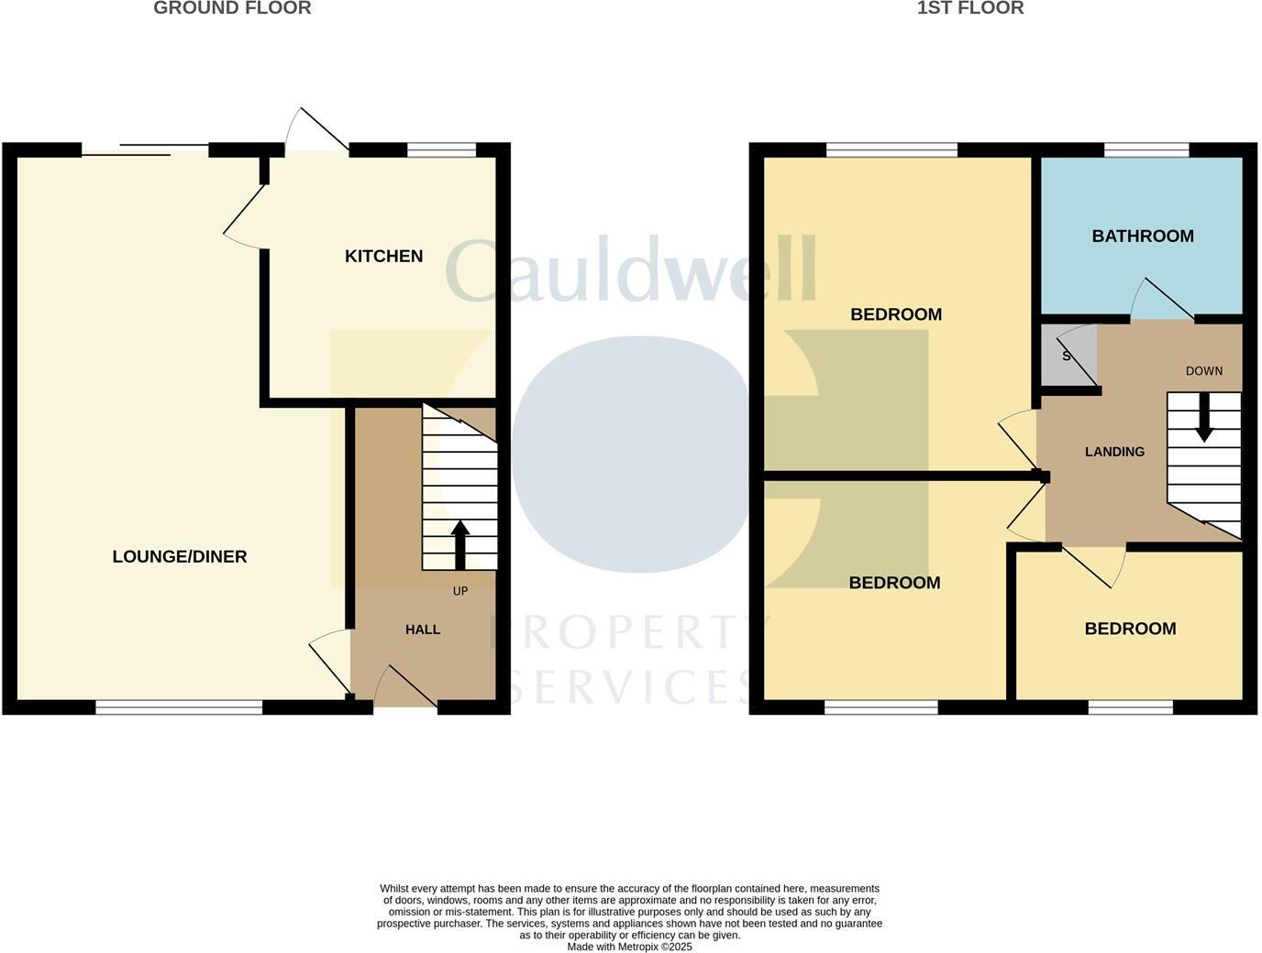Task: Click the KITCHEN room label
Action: coord(383,257)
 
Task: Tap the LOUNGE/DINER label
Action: coord(180,557)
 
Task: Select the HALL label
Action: coord(423,630)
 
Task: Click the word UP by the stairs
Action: coord(460,591)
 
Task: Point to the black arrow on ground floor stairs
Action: coord(459,545)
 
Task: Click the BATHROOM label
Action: coord(1143,236)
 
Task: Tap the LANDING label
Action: coord(1114,452)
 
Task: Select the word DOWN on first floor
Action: coord(1203,371)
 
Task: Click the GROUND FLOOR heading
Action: coord(232,8)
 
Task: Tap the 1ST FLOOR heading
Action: coord(970,8)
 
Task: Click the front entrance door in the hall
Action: coord(404,687)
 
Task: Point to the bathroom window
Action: coord(1146,149)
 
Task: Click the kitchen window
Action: coord(441,149)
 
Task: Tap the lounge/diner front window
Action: coord(179,707)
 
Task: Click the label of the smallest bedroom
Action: coord(1130,629)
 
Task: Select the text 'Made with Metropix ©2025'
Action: coord(629,947)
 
